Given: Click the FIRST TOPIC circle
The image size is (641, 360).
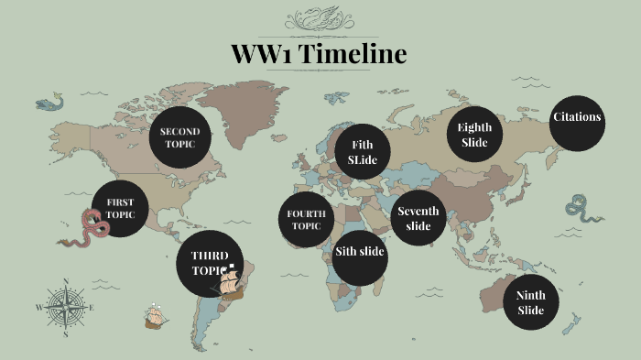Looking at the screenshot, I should point(120,209).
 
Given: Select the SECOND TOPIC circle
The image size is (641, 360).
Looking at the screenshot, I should point(179,138).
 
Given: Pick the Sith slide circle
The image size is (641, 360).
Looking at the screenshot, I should point(359,252).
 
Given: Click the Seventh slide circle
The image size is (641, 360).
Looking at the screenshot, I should point(418,218).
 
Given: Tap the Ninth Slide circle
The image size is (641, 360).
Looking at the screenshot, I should point(531,302).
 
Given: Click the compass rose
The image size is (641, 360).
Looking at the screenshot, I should point(66,307).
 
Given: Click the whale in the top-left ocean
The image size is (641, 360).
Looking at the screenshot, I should point(51,103).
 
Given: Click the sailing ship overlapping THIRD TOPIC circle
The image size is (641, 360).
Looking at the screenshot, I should point(231,281).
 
